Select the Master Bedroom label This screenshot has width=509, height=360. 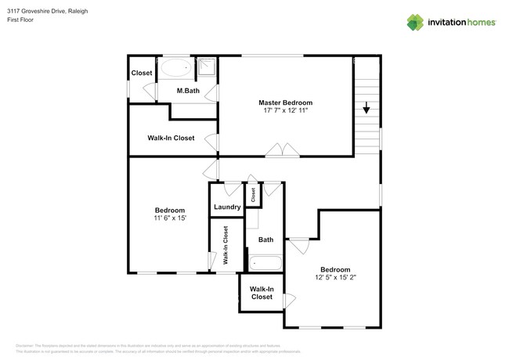pos(286,103)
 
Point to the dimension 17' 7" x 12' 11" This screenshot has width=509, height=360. pos(286,111)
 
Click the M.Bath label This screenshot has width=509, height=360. pos(187,92)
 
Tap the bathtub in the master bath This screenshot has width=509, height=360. pos(175,68)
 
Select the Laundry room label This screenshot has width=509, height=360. pos(226,207)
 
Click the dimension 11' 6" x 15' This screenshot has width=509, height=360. pos(170,218)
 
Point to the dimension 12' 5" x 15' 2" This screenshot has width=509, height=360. pos(336,276)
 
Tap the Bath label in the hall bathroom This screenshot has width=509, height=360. pos(265,240)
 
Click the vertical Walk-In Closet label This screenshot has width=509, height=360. pos(225,245)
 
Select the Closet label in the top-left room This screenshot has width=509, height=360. pos(142,74)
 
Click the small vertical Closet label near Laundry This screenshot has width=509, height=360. pos(253,195)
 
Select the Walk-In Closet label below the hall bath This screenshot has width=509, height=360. pos(261,293)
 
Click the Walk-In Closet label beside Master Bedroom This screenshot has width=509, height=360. pos(171,138)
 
